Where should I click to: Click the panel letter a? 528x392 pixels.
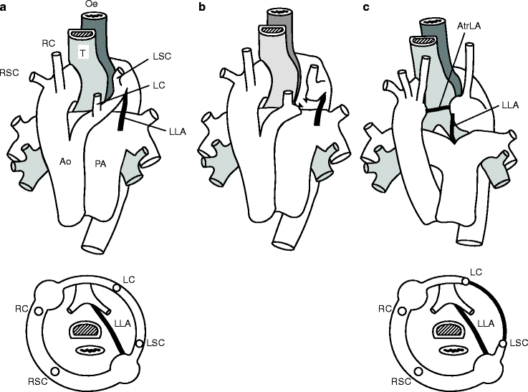[x=4, y=6]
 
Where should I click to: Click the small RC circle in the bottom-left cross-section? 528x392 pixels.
[x=38, y=310]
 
